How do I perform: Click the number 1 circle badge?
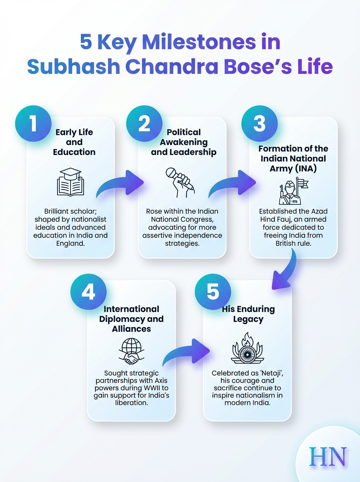pyautogui.click(x=33, y=124)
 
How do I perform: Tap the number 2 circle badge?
pyautogui.click(x=144, y=124)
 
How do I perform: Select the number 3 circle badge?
pyautogui.click(x=260, y=124)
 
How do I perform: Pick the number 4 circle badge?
pyautogui.click(x=88, y=292)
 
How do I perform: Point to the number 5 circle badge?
pyautogui.click(x=213, y=292)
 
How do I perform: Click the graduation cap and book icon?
pyautogui.click(x=70, y=182)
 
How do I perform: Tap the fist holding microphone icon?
pyautogui.click(x=180, y=182)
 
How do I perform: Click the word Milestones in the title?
pyautogui.click(x=199, y=42)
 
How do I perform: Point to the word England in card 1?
pyautogui.click(x=70, y=243)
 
